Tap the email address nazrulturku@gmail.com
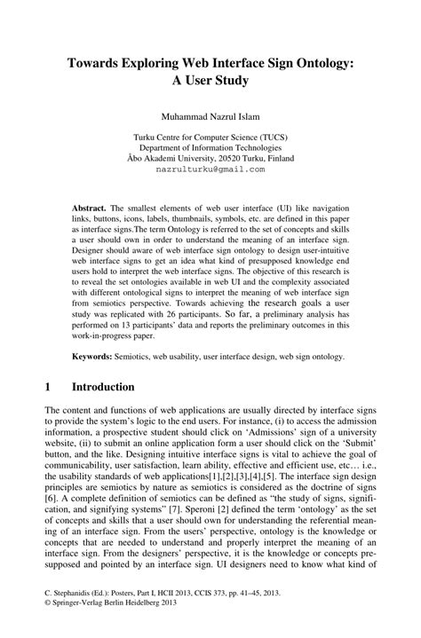(210, 168)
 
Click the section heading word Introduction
(103, 388)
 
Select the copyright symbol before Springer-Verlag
(46, 624)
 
